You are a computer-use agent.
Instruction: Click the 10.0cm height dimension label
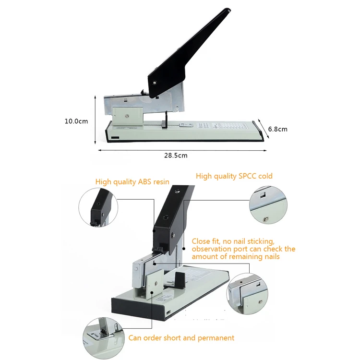coord(76,121)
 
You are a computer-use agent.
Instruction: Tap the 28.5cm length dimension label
coord(176,156)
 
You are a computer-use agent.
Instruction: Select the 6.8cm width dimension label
coord(277,129)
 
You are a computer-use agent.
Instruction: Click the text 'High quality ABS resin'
coord(132,182)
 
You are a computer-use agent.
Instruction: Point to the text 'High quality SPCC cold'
coord(234,176)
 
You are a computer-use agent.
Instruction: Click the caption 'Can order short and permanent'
coord(181,338)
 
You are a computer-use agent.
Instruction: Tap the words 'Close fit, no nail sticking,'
coord(233,241)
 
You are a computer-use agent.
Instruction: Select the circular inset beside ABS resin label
coord(99,206)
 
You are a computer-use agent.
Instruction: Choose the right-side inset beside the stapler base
coord(247,293)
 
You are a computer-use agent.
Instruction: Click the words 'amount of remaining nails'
coord(236,257)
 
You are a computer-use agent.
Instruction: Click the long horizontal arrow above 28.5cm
coord(182,150)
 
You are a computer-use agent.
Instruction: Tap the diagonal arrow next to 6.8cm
coord(263,129)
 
